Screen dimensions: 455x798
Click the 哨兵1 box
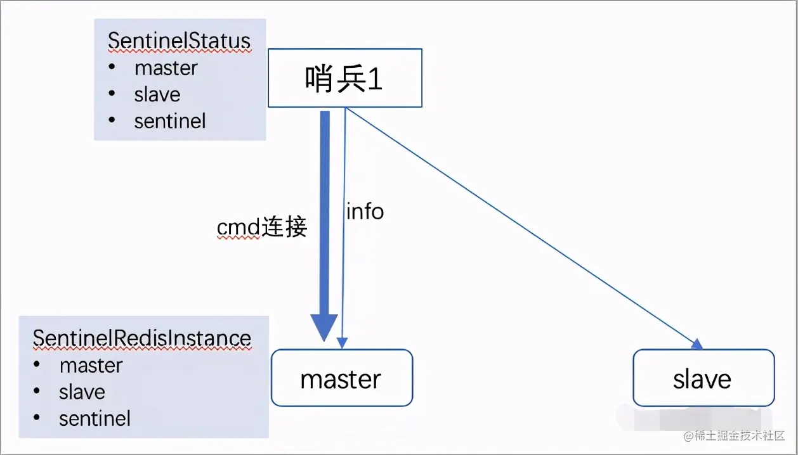click(344, 79)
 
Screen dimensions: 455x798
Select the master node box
click(341, 378)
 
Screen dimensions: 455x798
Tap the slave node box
click(703, 378)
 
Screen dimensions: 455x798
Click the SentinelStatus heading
click(180, 41)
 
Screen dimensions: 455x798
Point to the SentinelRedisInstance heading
click(142, 338)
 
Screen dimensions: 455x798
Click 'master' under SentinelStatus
click(166, 68)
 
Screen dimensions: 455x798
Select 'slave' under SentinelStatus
click(157, 94)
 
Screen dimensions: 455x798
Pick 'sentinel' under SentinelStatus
click(170, 121)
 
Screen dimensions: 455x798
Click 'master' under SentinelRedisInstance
click(91, 366)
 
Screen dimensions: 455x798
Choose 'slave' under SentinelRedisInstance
click(82, 392)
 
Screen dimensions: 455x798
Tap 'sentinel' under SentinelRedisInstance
click(95, 419)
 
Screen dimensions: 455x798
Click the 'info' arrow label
click(365, 212)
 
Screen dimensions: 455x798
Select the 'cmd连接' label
click(262, 227)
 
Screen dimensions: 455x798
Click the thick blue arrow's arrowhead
click(324, 328)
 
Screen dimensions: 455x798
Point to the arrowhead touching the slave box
click(698, 344)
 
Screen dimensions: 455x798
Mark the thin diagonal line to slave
click(520, 226)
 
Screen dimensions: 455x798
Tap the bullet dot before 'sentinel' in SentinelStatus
click(112, 120)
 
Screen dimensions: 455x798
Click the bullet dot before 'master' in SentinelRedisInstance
click(37, 365)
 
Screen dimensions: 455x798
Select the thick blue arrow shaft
click(325, 209)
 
